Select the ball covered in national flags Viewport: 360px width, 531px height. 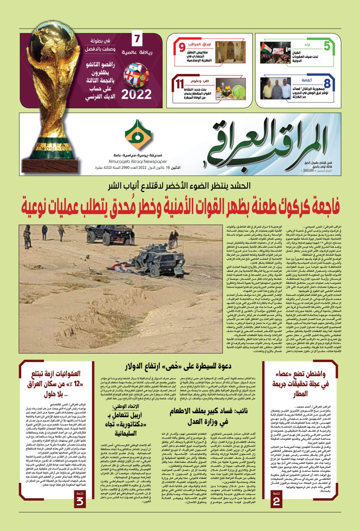tap(136, 74)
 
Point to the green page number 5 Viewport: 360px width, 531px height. tap(327, 46)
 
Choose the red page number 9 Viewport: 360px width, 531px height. tap(182, 47)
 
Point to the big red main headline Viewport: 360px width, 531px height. tap(180, 206)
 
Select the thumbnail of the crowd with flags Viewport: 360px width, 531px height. tap(275, 52)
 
